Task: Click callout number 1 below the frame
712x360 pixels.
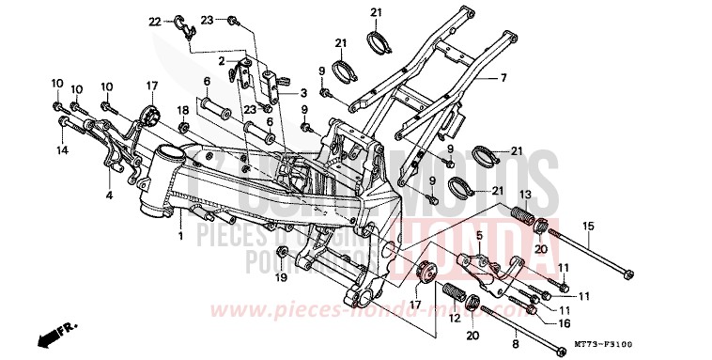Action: [x=180, y=238]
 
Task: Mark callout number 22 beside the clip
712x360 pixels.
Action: [x=156, y=21]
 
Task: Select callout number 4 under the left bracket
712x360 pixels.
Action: [x=109, y=196]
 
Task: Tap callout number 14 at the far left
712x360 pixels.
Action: [x=61, y=150]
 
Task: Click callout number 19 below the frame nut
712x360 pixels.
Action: [x=280, y=277]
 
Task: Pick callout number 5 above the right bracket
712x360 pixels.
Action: [x=478, y=235]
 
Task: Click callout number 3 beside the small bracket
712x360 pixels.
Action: [x=303, y=94]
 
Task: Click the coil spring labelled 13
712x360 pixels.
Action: [x=519, y=212]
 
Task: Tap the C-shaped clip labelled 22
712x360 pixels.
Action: [x=185, y=25]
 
